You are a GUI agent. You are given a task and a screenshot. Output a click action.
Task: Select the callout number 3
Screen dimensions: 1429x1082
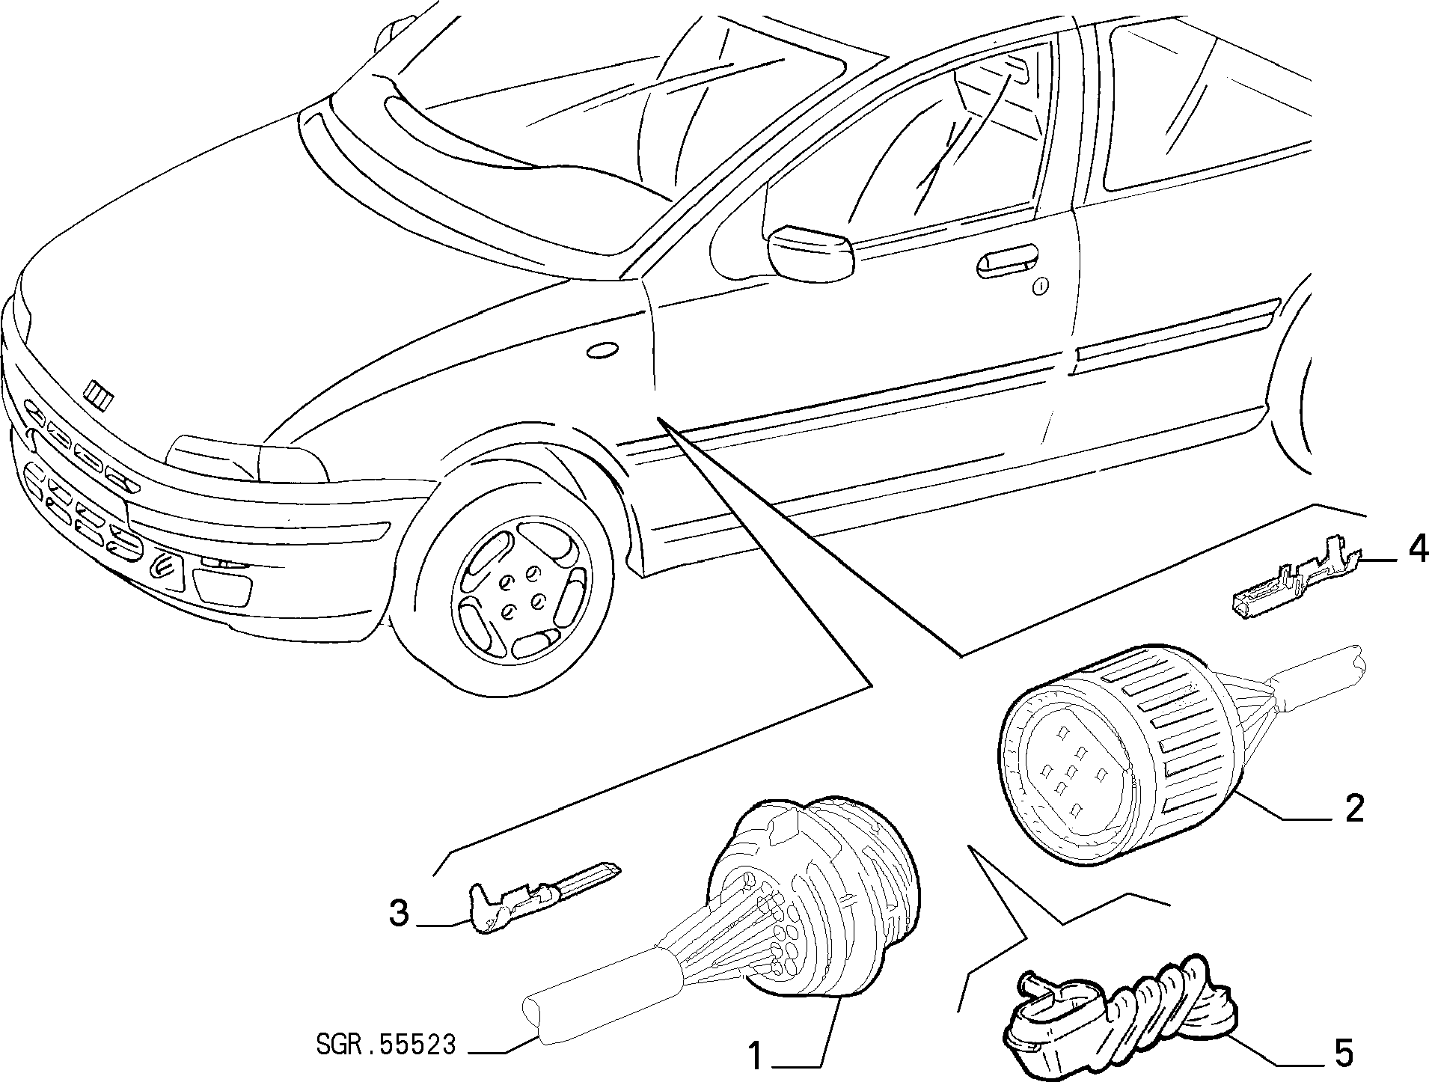(399, 914)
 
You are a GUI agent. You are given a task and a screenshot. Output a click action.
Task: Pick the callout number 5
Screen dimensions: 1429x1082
(1344, 1054)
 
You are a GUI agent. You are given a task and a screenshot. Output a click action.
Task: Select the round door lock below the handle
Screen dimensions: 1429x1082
(1041, 285)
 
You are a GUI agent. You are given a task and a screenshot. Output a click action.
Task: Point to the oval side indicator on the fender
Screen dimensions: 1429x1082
(602, 351)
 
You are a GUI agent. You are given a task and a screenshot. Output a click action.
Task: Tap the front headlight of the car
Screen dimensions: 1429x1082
(247, 458)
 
